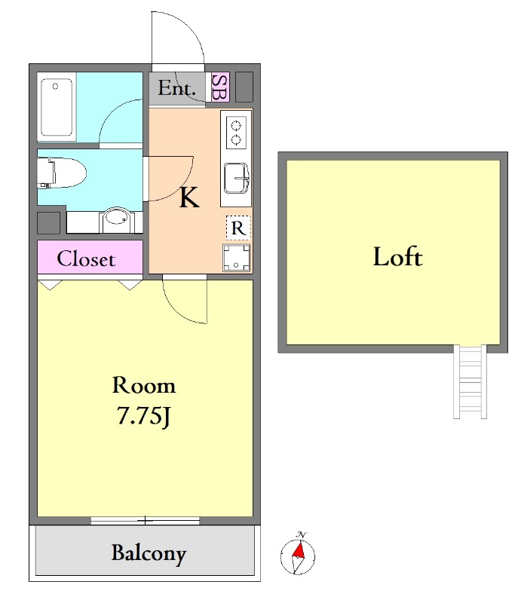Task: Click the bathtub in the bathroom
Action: point(57,107)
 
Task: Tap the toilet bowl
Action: point(62,173)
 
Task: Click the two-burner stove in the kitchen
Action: point(236,132)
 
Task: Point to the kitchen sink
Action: point(237,178)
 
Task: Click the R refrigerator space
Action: point(238,228)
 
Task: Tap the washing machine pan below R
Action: point(236,257)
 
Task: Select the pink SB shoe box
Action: point(220,87)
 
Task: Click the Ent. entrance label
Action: point(177,88)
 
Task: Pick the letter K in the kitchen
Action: point(189,197)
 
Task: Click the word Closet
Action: point(86,259)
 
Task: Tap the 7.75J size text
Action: point(143,416)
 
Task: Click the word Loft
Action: point(398,257)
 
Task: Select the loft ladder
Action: point(470,381)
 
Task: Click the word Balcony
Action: point(149,554)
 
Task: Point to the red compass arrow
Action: point(299,550)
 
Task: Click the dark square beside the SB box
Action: point(244,87)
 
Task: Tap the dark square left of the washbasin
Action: point(48,223)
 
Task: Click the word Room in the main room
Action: point(144,385)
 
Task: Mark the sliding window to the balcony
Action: point(145,521)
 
